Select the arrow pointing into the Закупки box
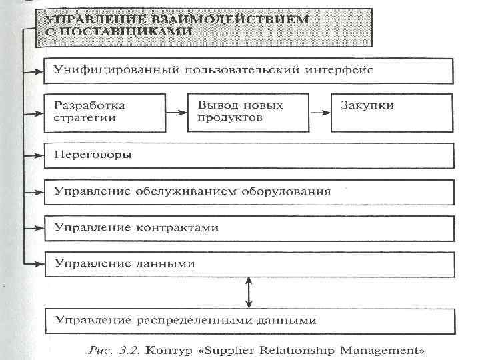click(x=319, y=113)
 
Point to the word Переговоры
click(x=93, y=155)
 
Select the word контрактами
click(x=180, y=228)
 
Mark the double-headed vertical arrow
click(x=248, y=292)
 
